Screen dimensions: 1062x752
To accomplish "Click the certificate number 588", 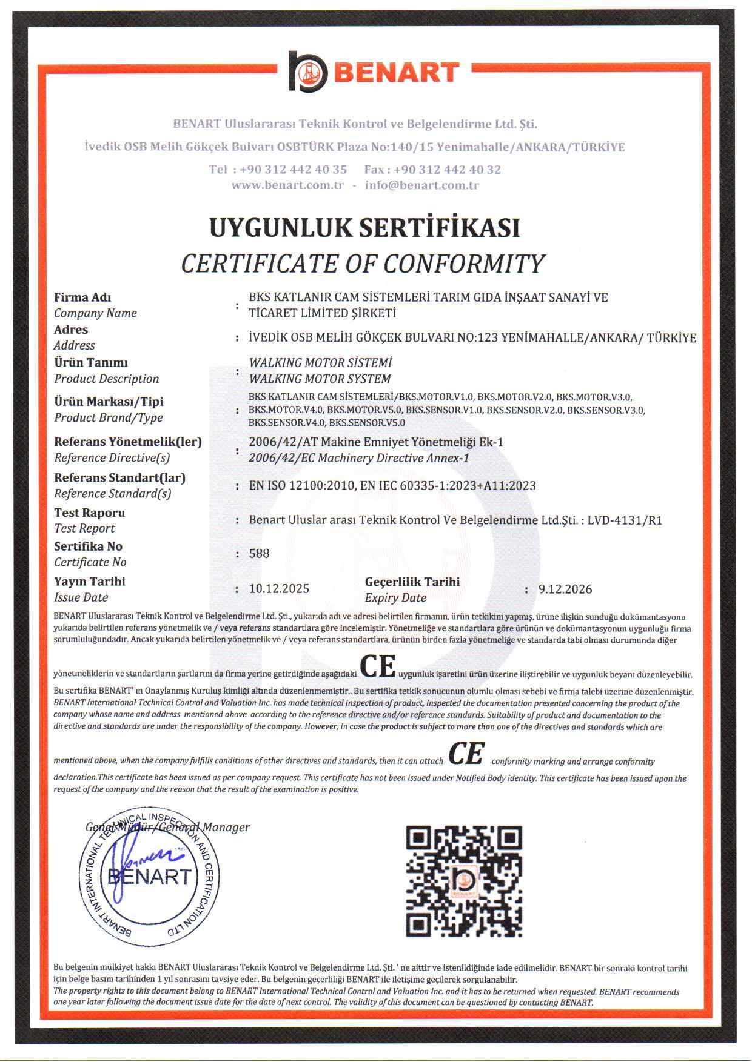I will (259, 554).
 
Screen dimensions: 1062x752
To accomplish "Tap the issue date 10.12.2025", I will (279, 589).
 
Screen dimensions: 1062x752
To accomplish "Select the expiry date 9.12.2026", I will (565, 589).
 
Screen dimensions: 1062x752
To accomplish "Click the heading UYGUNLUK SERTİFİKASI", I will (364, 228).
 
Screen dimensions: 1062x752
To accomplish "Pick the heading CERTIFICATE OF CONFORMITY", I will (363, 264).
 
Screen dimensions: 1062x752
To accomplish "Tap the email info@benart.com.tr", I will (422, 185).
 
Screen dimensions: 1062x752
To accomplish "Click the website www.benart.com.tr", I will (288, 185).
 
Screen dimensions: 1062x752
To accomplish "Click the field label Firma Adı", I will (82, 297).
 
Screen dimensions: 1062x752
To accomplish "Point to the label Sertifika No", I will (88, 546).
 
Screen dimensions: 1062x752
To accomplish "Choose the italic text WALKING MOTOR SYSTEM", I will (320, 379).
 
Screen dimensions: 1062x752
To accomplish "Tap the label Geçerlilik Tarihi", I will (412, 582).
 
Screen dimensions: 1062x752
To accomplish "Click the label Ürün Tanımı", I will (91, 363).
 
